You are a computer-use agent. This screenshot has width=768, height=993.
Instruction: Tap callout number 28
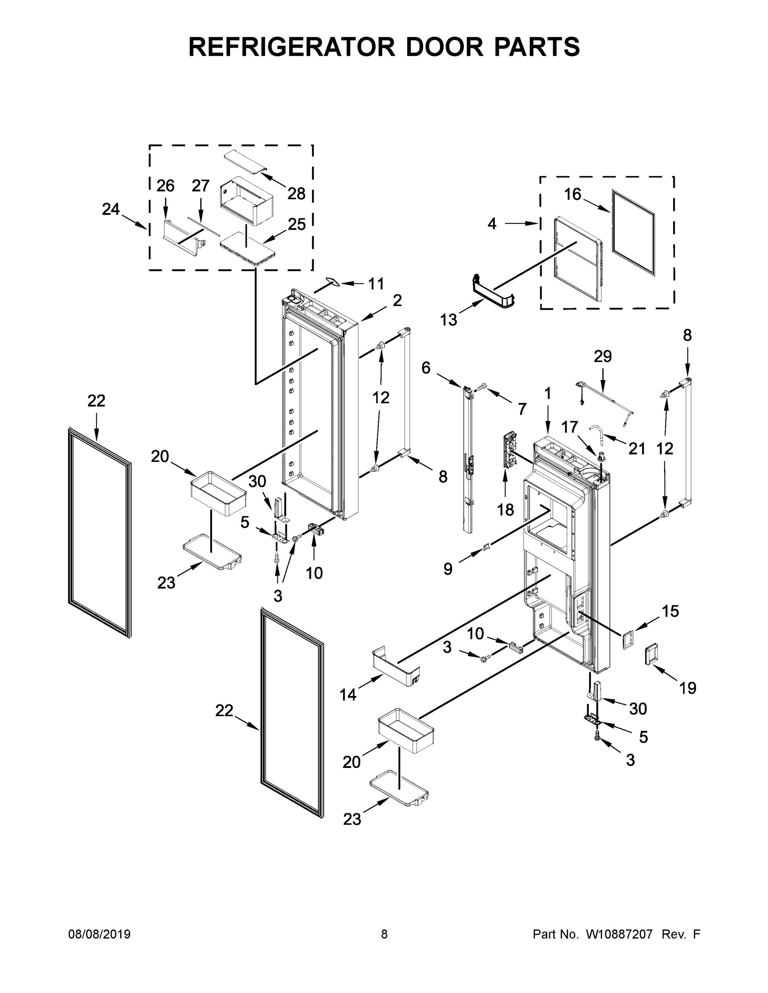tap(296, 194)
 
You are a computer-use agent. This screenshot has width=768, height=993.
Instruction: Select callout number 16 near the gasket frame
tap(572, 194)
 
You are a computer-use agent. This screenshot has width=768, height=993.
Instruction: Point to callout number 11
tap(376, 284)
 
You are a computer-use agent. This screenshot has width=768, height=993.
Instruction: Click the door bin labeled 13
tap(493, 296)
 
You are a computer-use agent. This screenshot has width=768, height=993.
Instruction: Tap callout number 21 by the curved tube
tap(636, 449)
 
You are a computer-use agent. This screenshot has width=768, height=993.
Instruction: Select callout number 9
tap(448, 569)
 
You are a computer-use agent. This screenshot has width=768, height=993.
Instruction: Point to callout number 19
tap(687, 688)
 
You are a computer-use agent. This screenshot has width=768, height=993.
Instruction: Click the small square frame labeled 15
tap(629, 641)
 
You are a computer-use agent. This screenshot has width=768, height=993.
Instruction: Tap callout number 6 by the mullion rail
tap(426, 367)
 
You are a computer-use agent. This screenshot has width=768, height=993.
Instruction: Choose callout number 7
tap(521, 409)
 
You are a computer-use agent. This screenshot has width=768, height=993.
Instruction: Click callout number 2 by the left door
tap(397, 300)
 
